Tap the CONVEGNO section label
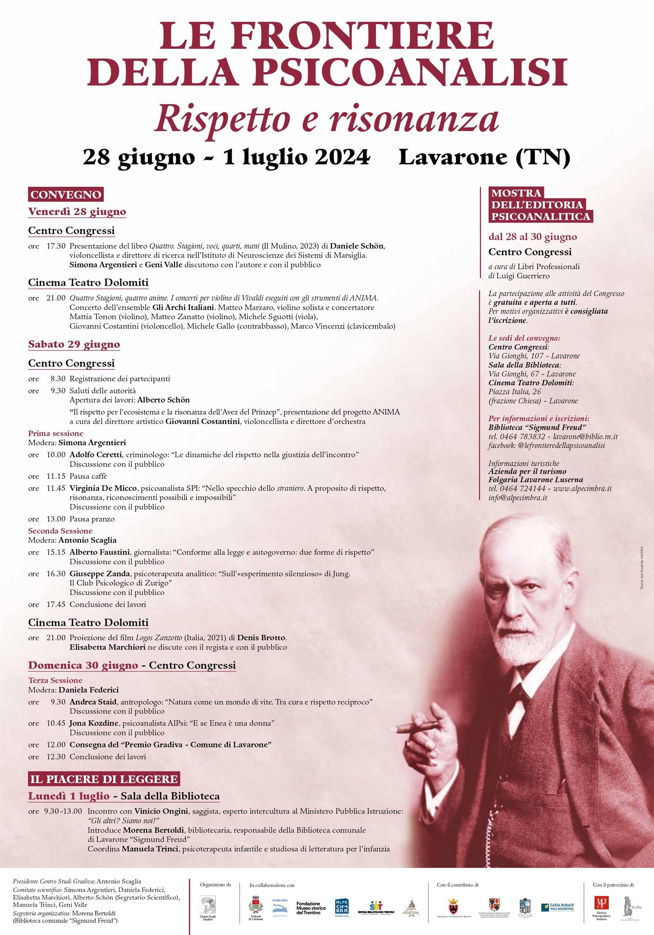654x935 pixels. point(66,194)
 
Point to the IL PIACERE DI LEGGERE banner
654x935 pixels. point(104,779)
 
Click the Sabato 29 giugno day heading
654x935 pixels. point(74,344)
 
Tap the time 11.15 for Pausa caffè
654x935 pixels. point(55,476)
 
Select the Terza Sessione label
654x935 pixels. point(55,680)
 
